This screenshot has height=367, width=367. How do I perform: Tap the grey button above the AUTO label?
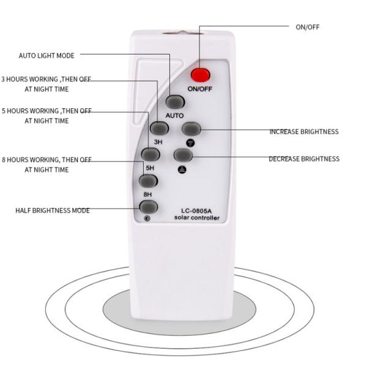coord(175,102)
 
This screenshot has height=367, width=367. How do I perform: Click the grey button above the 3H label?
coord(159,128)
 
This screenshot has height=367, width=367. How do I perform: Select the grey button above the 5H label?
coord(150,155)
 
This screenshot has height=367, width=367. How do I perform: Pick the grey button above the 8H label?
coord(148,181)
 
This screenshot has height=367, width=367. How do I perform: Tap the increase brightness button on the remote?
coord(191,128)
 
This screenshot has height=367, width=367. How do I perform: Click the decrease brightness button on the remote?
coord(183,155)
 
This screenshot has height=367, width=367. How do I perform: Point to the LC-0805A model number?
coord(196,211)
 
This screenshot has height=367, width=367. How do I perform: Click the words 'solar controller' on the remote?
coord(197,218)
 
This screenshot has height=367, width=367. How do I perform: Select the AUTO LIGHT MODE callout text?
coord(46,56)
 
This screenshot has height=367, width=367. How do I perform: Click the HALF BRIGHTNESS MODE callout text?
coord(53,210)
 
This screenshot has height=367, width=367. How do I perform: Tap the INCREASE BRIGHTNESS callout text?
coord(304,132)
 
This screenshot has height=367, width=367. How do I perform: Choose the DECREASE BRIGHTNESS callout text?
coord(304,159)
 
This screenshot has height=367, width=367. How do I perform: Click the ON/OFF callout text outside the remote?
coord(308,27)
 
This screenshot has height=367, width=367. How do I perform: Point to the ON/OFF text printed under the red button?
coord(200,89)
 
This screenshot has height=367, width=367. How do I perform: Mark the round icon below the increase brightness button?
coord(190,143)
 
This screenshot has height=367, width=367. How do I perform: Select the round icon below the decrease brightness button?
coord(182,169)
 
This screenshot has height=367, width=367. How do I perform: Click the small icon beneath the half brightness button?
coord(147,218)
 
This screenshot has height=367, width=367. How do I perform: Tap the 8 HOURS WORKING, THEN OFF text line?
coord(46,160)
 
